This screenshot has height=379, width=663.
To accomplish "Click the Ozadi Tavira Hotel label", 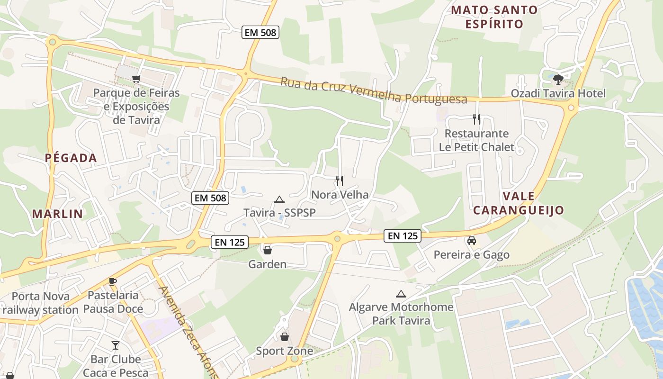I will [558, 93].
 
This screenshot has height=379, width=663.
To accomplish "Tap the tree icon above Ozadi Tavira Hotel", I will [558, 79].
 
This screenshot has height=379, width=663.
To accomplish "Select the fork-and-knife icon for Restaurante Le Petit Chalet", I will [476, 119].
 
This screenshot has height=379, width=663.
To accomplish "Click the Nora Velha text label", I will [340, 195].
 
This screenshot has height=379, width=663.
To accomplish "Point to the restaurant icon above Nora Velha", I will [339, 180].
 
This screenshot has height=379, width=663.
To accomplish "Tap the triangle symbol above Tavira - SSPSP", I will [279, 199].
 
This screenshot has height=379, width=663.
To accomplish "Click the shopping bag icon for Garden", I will [268, 250].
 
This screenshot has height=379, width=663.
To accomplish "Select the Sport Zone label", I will [284, 351].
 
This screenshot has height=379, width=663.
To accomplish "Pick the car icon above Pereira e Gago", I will [472, 241].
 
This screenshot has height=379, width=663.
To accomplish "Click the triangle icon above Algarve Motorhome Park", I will [401, 294].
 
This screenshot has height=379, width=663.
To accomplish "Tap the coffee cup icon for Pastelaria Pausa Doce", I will [113, 281].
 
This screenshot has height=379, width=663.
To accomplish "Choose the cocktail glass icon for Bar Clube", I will [116, 345].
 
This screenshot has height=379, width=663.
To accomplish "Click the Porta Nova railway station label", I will [40, 303].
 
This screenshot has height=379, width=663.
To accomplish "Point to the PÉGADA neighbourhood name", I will [71, 158].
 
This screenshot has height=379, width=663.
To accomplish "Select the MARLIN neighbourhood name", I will [57, 214].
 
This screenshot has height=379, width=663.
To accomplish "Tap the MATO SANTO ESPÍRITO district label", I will [494, 17].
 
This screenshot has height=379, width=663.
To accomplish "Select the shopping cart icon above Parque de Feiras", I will [136, 79].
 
